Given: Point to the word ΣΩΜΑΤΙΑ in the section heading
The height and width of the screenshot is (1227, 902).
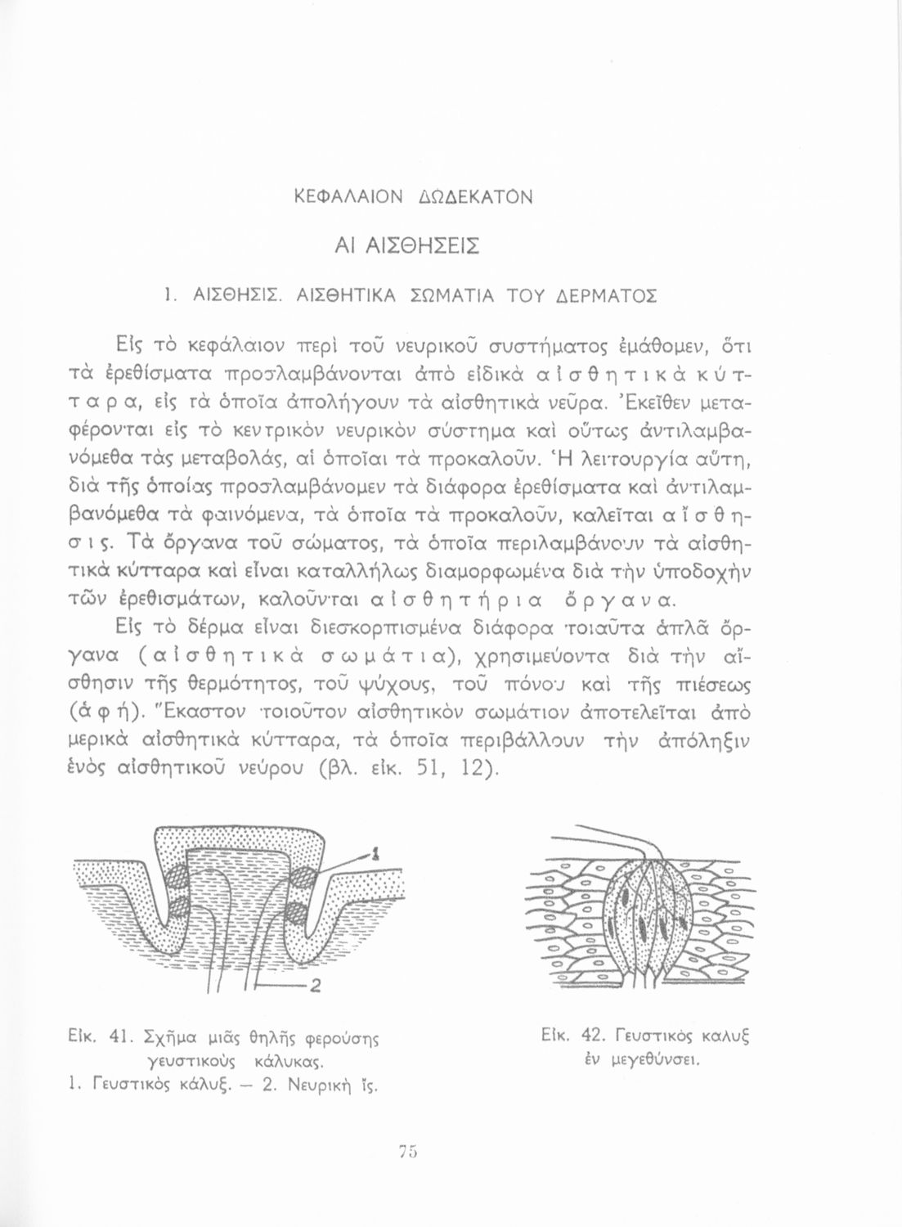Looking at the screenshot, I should pyautogui.click(x=447, y=294).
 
